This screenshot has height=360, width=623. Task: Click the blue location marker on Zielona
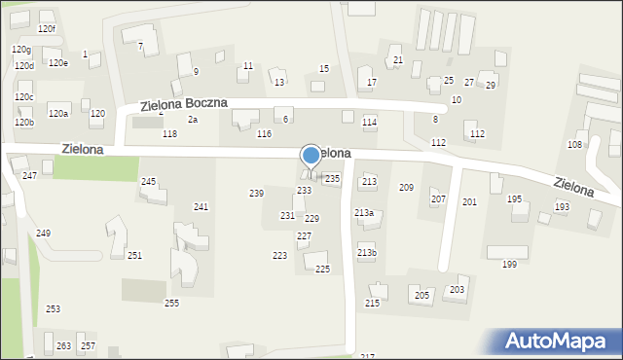point(311,155)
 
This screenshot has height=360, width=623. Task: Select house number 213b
point(366,253)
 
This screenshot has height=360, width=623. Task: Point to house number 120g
point(21,49)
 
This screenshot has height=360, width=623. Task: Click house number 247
point(29,175)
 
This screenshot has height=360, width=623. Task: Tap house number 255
point(171,304)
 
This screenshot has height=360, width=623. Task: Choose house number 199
point(509,265)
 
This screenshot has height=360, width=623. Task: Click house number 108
point(574,144)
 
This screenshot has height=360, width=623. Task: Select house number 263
point(63,346)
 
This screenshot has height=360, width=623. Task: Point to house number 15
point(324,68)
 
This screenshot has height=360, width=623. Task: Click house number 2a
point(193,120)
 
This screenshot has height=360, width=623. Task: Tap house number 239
point(256,194)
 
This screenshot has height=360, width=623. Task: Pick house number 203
point(457,290)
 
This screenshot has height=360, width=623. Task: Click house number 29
point(491,85)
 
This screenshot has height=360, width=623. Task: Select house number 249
point(43,234)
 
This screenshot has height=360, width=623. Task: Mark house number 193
point(562,207)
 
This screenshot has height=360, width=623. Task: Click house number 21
point(397,60)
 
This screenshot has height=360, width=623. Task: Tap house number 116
point(264,133)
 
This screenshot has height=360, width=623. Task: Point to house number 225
point(322,269)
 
